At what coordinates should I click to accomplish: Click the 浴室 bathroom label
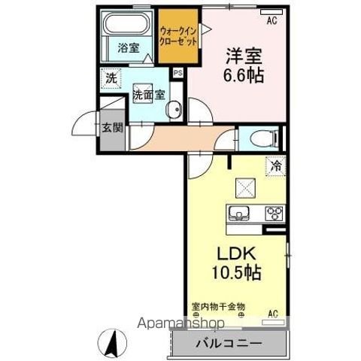pos(128,48)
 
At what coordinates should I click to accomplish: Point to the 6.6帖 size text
pos(241,76)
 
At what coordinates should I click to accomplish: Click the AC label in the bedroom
pos(272,21)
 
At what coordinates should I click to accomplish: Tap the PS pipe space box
pos(177,73)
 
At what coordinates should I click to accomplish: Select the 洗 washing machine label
pos(111,77)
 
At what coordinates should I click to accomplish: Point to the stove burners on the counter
pos(272,211)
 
